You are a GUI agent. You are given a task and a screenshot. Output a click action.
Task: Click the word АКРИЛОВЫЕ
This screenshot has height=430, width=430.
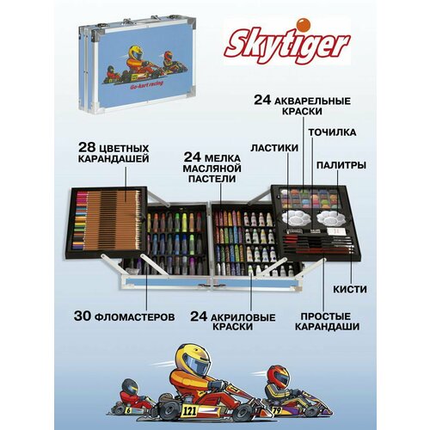219,317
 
